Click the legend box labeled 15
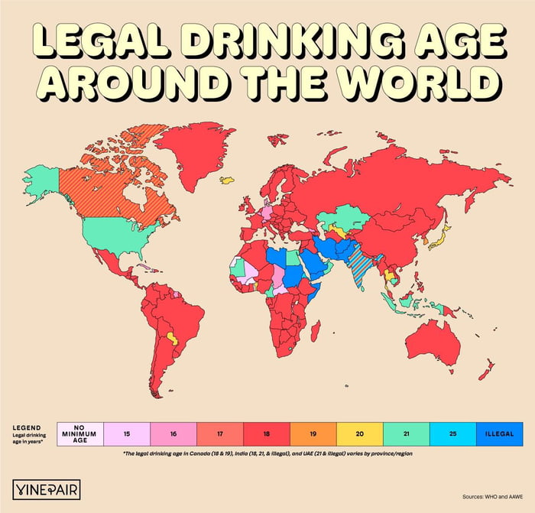pyautogui.click(x=126, y=433)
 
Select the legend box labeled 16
pyautogui.click(x=173, y=433)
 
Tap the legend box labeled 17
pyautogui.click(x=220, y=433)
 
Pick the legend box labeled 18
pyautogui.click(x=267, y=433)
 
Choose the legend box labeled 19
pyautogui.click(x=313, y=433)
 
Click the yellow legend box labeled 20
pyautogui.click(x=360, y=433)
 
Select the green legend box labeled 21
pyautogui.click(x=407, y=433)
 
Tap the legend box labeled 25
pyautogui.click(x=452, y=433)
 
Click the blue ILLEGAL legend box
pyautogui.click(x=499, y=433)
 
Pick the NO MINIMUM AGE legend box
pyautogui.click(x=79, y=433)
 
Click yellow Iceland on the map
pyautogui.click(x=227, y=181)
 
